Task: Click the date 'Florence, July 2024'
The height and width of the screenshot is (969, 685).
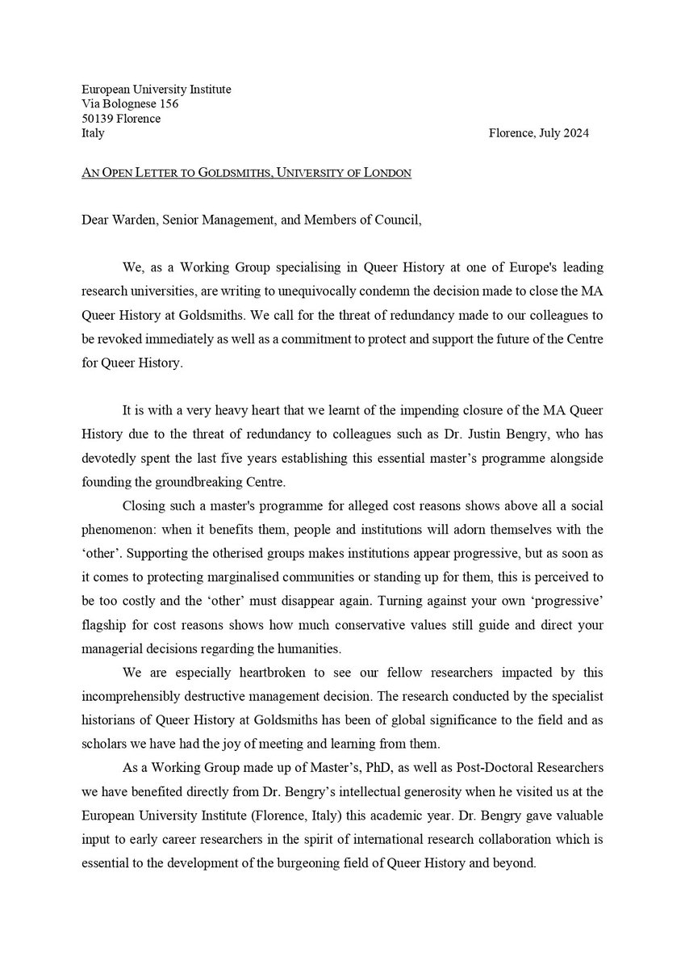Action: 538,133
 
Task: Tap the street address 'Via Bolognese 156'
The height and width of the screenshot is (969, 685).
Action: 130,104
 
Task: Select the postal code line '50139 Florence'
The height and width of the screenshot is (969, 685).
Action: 121,119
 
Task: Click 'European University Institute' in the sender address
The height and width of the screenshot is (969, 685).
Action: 157,90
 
